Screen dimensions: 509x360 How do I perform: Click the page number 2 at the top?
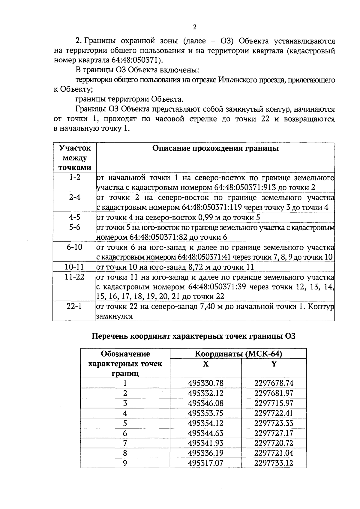click(194, 27)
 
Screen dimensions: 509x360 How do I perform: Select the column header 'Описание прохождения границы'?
click(215, 148)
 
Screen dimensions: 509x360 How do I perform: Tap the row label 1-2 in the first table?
click(74, 178)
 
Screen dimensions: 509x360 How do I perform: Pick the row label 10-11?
click(74, 267)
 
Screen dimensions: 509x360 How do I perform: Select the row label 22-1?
click(74, 307)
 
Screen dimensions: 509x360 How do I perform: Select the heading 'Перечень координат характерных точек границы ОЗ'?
click(193, 336)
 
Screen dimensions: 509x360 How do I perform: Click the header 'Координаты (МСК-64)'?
click(238, 354)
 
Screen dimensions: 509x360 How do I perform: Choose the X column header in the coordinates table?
click(206, 364)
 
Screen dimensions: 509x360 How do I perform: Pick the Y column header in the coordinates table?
click(274, 364)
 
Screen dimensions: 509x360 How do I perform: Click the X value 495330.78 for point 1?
click(206, 383)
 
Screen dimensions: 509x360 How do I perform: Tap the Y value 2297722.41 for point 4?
click(274, 413)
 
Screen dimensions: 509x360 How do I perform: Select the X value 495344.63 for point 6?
click(206, 433)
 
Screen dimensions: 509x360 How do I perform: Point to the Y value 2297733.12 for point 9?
click(274, 463)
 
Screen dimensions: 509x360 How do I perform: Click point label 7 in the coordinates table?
click(125, 443)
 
